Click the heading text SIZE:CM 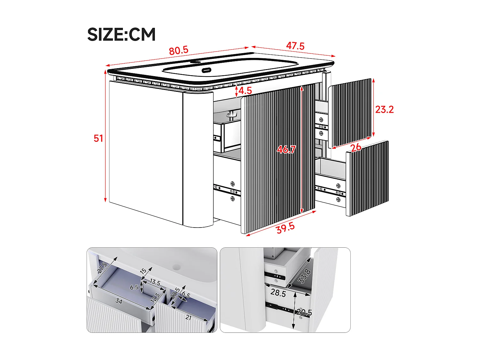pos(121,35)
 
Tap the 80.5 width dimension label pos(179,51)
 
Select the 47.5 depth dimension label pos(295,46)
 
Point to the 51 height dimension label pos(98,138)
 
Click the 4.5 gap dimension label pos(245,91)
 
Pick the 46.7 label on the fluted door pos(286,149)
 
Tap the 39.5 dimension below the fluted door pos(285,228)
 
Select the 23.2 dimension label pos(384,109)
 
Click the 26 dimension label pos(356,148)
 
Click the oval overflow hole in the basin pos(206,70)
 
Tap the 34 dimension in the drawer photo pos(119,301)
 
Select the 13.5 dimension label pos(155,282)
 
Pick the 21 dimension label pos(188,317)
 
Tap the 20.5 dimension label pos(304,312)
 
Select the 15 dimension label pos(143,271)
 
